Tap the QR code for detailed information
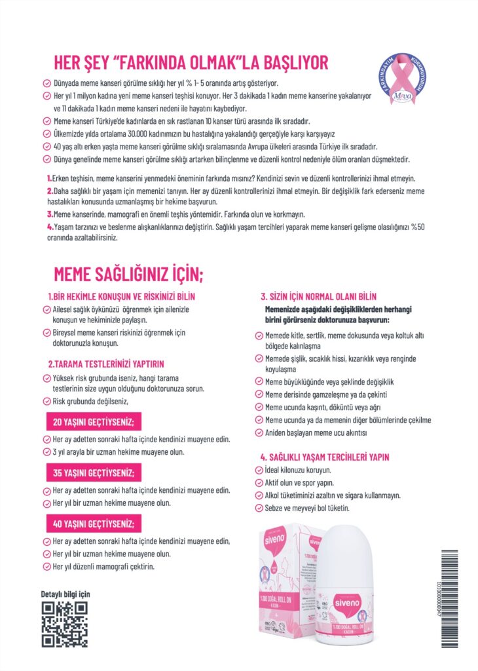click(x=65, y=624)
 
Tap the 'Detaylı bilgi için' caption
click(x=65, y=594)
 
